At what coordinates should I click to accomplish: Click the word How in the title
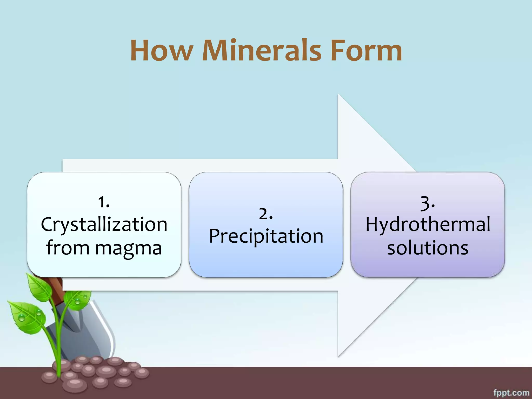coord(161,51)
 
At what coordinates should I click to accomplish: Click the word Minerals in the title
coord(262,51)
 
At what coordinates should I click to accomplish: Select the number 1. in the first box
coord(104,202)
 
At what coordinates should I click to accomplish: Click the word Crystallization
coord(104,224)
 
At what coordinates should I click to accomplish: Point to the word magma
coord(128,248)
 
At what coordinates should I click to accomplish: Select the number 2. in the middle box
coord(266,214)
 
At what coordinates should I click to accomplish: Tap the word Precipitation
coord(266,236)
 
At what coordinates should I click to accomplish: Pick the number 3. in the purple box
coord(428,203)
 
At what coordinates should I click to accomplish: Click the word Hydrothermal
coord(428,224)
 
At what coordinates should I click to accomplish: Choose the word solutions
coord(428,248)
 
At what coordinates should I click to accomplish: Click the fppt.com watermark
coord(511,393)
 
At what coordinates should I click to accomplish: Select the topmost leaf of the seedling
coord(38,286)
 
